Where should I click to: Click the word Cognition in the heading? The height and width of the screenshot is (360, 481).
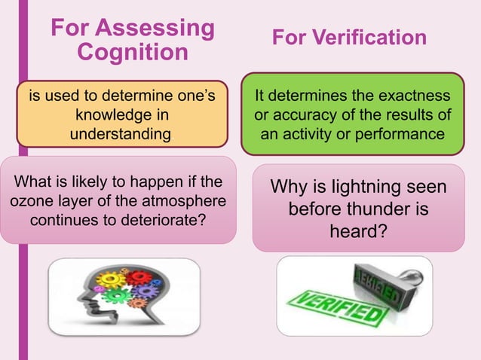133,52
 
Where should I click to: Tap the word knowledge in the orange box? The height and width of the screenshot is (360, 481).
121,115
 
